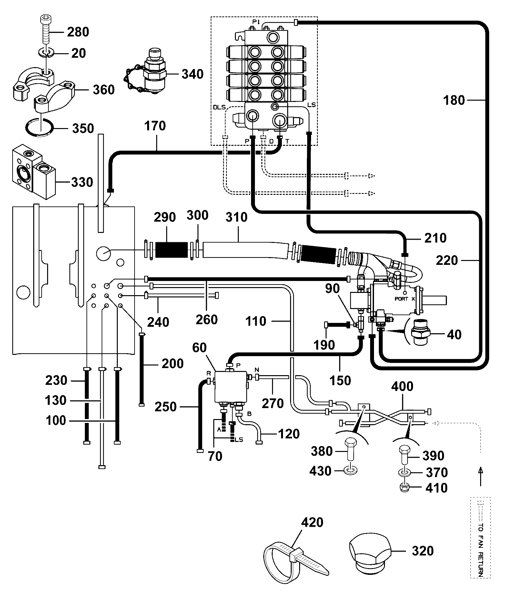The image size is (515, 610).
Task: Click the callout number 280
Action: tap(78, 32)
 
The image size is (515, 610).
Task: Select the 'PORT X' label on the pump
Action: tap(405, 299)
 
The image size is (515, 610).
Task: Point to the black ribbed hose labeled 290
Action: tap(171, 250)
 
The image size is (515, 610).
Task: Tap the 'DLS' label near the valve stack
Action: tap(219, 107)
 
